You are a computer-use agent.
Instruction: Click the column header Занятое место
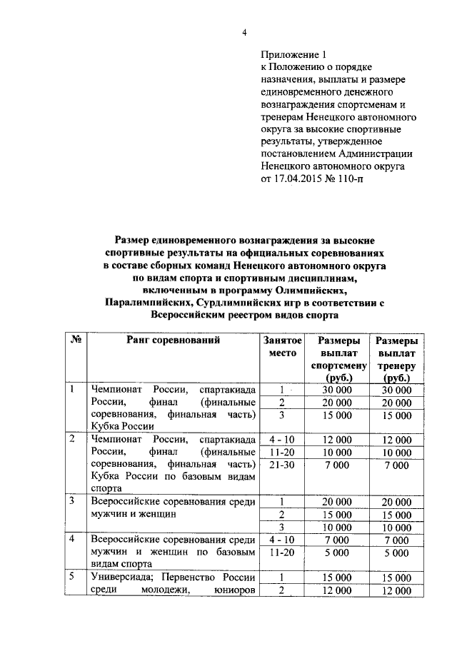282,347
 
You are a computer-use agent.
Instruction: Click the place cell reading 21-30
282,465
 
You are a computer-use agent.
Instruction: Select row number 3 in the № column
72,501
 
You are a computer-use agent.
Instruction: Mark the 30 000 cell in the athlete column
338,390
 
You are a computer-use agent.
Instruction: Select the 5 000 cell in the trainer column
396,552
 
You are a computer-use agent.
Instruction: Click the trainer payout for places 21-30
396,465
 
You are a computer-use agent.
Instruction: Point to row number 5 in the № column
72,577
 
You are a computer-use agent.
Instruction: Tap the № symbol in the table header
74,340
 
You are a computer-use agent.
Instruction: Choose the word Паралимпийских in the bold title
147,303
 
